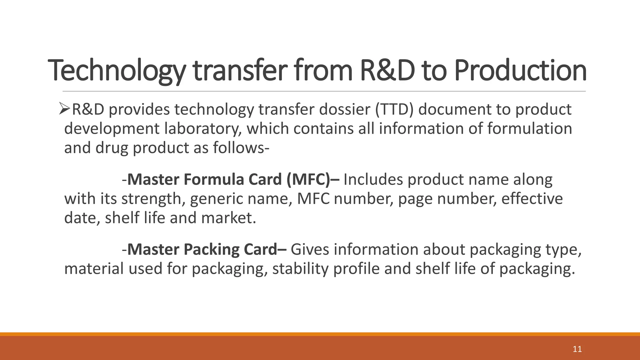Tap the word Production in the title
(x=520, y=71)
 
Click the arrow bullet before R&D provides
(x=65, y=109)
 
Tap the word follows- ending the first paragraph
(x=241, y=148)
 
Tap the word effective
(x=532, y=199)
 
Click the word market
(x=228, y=218)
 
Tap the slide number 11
(x=577, y=349)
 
